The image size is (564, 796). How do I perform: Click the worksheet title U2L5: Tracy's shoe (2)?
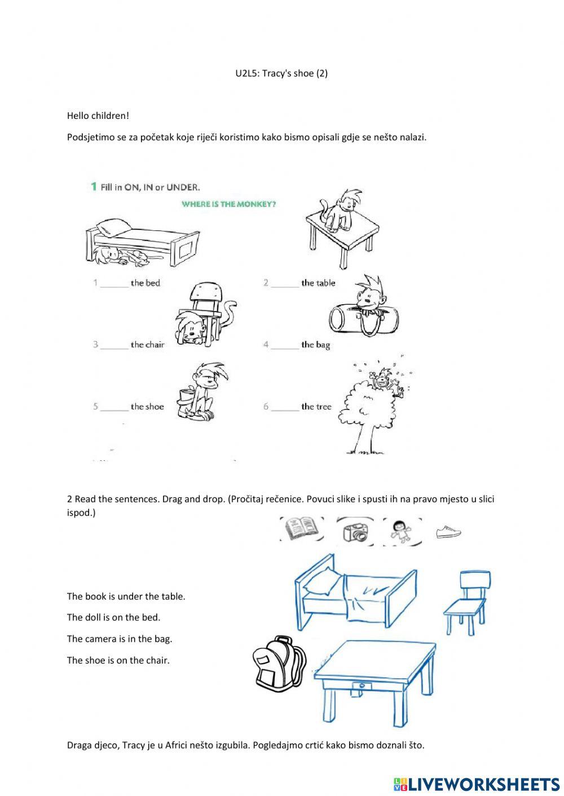pos(281,73)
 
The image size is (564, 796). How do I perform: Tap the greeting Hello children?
pos(98,116)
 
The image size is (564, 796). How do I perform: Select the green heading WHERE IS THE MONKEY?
pos(228,204)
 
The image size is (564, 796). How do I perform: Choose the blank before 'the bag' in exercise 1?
pos(285,346)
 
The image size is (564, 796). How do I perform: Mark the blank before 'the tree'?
pos(285,408)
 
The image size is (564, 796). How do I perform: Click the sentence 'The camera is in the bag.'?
pos(120,639)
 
